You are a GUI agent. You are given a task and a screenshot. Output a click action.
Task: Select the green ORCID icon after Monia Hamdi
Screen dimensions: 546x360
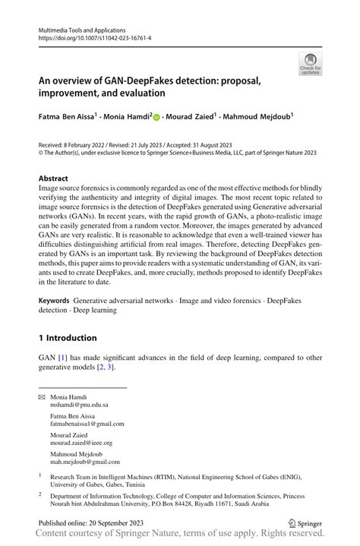(x=156, y=118)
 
